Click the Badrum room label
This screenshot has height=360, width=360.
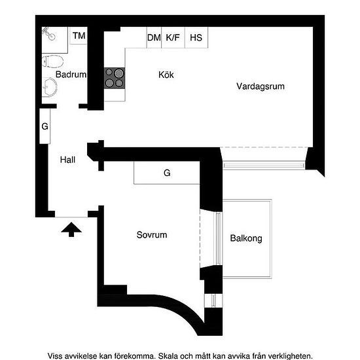point(71,75)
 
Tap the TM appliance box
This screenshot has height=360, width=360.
point(79,35)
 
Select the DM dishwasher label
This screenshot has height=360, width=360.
point(154,38)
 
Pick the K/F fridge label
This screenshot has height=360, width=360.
point(173,37)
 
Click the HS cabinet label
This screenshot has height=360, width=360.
point(196,38)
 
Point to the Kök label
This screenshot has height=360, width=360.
point(166,75)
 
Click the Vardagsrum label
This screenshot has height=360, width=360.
point(261,86)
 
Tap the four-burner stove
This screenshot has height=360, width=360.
point(115,78)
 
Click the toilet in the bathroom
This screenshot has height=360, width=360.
point(53,62)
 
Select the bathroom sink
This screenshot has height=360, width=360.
point(50,87)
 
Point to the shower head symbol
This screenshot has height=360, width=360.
point(49,34)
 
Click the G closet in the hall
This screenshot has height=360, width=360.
point(45,126)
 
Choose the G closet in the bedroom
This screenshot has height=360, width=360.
point(167,173)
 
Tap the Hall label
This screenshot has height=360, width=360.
point(67,160)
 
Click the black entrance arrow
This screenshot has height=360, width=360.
point(71,229)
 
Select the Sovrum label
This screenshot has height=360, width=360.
point(152,235)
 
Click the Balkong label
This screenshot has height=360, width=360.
point(246,238)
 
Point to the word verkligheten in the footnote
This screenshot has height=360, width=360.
point(291,356)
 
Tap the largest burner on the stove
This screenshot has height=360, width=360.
point(119,73)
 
